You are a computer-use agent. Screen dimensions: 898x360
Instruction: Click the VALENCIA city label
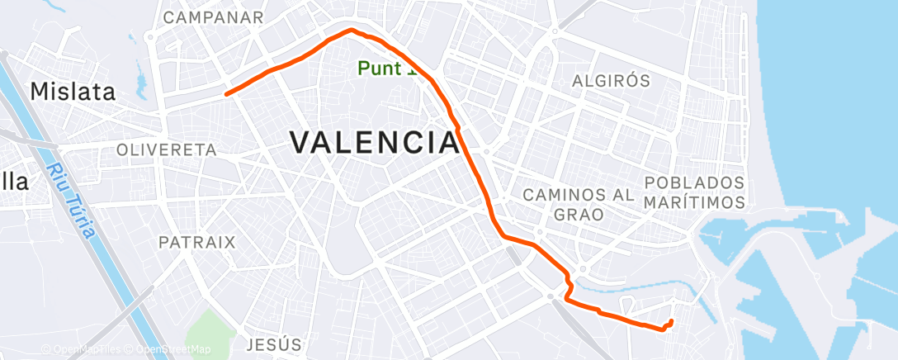coord(375,142)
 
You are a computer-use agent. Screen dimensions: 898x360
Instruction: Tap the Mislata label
coord(73,92)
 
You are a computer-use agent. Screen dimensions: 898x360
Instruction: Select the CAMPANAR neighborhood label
coord(213,17)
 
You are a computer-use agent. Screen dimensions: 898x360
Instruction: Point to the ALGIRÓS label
coord(612,81)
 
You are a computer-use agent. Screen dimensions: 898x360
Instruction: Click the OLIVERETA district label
coord(166,150)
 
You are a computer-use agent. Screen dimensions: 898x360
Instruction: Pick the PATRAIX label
coord(196,243)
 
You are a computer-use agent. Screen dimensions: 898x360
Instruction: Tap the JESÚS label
coord(274,343)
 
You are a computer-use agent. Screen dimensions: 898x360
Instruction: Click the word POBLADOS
coord(694,182)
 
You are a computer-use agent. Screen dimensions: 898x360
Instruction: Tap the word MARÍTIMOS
coord(694,201)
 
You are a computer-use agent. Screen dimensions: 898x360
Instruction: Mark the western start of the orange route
coord(226,94)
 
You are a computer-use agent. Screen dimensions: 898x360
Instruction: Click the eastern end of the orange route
coord(672,320)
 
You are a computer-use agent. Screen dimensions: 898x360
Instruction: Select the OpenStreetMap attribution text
coord(171,349)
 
